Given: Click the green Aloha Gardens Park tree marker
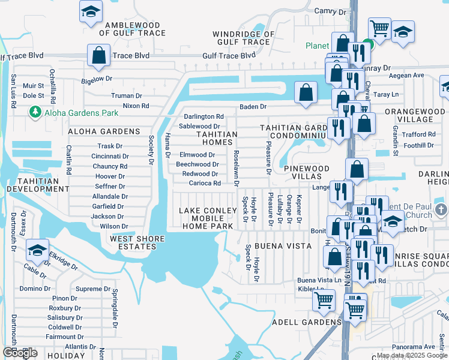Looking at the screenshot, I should [35, 112].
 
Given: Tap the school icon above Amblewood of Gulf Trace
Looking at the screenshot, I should [91, 11].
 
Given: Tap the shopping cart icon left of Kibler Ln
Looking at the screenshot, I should [324, 298].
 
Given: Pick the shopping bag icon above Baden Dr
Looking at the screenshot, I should [306, 92].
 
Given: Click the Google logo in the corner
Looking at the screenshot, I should [20, 353].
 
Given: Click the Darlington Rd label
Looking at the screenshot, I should [203, 116].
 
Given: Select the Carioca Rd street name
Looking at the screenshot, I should [205, 183].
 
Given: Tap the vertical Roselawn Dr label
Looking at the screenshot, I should [237, 167].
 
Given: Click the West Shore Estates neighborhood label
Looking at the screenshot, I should [137, 243].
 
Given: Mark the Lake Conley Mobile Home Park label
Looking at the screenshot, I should [206, 218].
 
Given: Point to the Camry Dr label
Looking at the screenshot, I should [331, 11].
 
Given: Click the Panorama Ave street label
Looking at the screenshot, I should [413, 346].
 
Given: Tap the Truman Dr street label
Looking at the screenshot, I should [126, 95].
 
